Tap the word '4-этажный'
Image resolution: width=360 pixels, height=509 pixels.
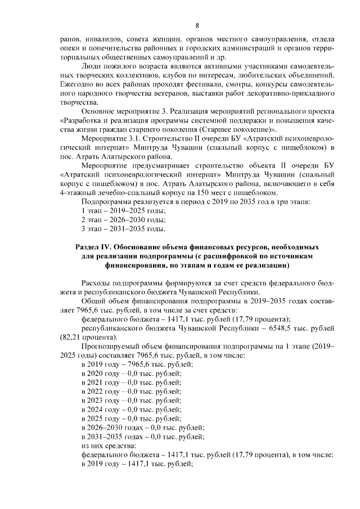point(78,191)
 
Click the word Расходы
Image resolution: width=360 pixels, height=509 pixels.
point(97,283)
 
